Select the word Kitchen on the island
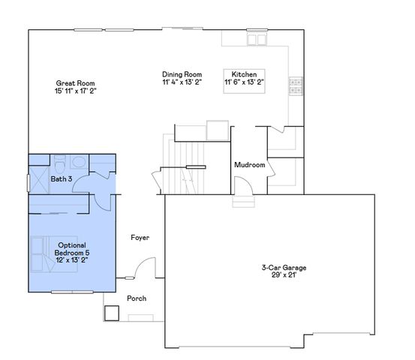coord(245,74)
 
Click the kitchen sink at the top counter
coord(259,39)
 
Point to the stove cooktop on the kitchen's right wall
coord(297,85)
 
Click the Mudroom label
coord(249,165)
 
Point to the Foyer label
coord(140,238)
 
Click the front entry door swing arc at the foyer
coord(146,268)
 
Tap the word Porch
coord(137,298)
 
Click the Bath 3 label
coord(62,180)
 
